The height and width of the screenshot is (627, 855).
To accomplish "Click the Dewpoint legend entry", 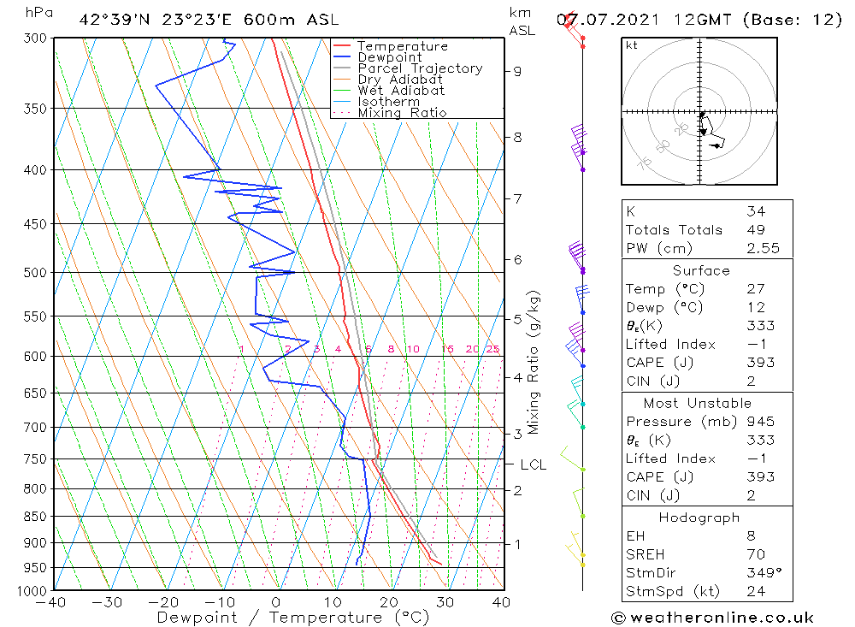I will tap(389, 57).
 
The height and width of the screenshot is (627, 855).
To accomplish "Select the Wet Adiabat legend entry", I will tap(401, 91).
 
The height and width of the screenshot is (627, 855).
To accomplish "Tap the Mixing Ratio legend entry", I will tap(402, 112).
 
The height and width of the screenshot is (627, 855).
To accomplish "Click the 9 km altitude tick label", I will tap(518, 71).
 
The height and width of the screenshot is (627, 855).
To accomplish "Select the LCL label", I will tap(533, 464).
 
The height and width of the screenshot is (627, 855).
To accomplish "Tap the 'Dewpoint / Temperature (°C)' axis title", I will tap(293, 617).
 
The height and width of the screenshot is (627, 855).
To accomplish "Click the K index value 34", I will tap(756, 211).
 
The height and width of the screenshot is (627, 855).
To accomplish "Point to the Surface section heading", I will tap(701, 270).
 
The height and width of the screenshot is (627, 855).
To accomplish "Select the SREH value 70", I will tap(756, 554).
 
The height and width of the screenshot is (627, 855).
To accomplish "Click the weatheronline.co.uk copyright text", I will tap(712, 618).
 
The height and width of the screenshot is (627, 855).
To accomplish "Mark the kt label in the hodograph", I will tap(631, 45).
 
